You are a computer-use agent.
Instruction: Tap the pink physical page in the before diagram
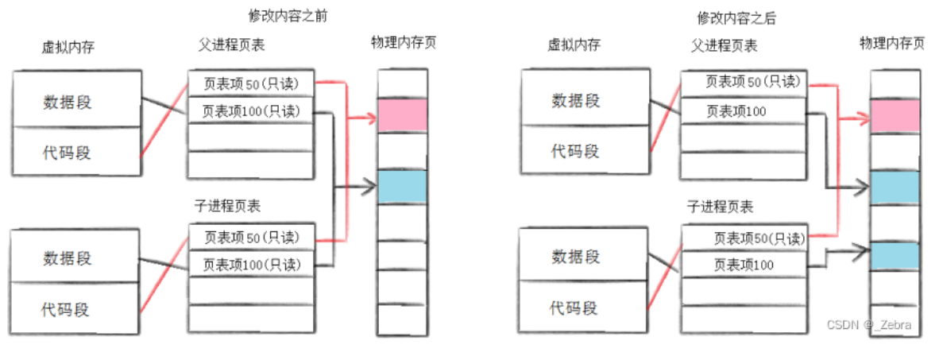[x=402, y=115]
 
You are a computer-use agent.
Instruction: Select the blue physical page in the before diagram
[x=402, y=187]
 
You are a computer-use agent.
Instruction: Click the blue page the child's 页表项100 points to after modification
[x=895, y=255]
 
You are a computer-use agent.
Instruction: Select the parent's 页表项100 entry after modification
[x=736, y=111]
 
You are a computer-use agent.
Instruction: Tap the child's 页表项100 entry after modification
[x=742, y=264]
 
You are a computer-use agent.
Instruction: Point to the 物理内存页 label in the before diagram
[x=403, y=42]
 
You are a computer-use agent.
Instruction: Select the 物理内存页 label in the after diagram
[x=892, y=43]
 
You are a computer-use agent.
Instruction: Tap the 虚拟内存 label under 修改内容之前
[x=68, y=47]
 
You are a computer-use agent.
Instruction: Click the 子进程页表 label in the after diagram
[x=720, y=207]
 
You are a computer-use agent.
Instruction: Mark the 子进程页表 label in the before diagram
[x=227, y=206]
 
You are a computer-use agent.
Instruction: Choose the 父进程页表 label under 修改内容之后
[x=725, y=45]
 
